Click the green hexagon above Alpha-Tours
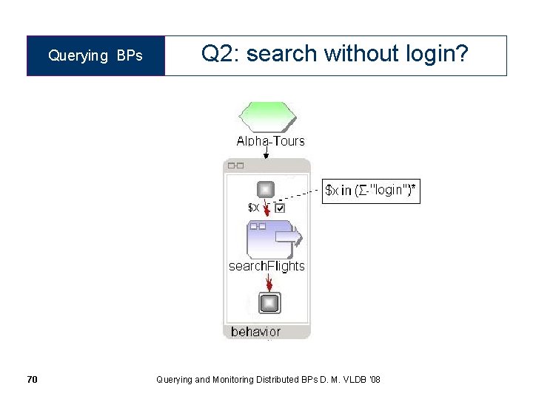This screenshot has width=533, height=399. tap(267, 117)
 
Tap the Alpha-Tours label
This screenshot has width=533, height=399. tap(270, 141)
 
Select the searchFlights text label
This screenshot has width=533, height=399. tap(266, 266)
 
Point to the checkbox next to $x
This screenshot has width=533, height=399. tap(279, 208)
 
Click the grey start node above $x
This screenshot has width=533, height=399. tap(266, 188)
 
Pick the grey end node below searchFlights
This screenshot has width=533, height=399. tap(269, 303)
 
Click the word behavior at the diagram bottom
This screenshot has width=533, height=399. tap(255, 332)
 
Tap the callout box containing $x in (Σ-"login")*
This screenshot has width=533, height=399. tap(371, 191)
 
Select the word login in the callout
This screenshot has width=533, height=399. tap(388, 190)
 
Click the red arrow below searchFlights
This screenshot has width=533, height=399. tap(269, 283)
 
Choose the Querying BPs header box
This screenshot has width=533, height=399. tap(95, 56)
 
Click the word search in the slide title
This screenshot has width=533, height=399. tap(282, 54)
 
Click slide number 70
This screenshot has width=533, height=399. tap(32, 380)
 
